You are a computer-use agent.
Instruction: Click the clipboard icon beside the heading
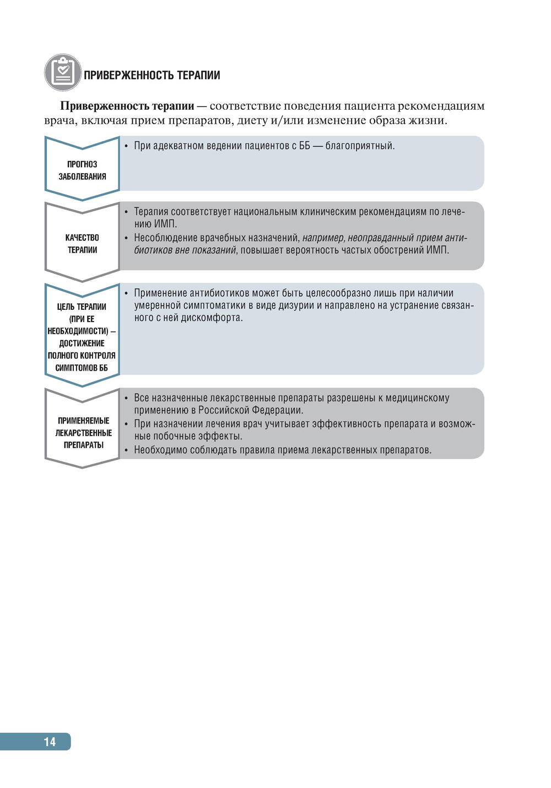point(62,72)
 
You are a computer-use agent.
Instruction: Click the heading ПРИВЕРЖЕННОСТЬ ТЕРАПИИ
point(152,76)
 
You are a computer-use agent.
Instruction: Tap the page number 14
point(50,742)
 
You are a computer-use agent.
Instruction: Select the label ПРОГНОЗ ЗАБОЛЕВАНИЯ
point(82,170)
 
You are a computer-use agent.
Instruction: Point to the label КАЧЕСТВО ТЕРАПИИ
point(82,244)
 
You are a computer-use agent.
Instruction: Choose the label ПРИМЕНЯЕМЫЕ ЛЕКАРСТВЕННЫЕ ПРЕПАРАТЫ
point(83,433)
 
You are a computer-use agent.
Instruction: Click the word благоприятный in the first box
point(359,146)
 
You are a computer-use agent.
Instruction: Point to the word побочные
point(176,436)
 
